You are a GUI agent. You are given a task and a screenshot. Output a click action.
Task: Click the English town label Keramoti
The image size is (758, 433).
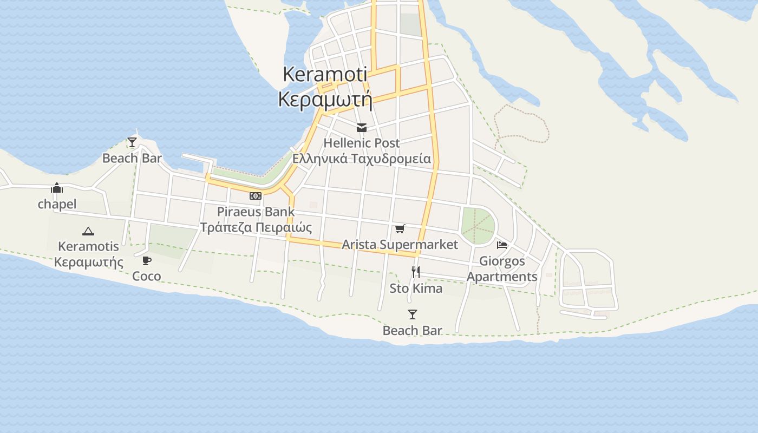coord(325,74)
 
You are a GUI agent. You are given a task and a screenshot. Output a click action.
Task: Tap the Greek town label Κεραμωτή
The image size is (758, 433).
coord(325,100)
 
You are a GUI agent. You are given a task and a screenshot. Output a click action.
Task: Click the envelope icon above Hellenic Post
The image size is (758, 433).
coord(362,128)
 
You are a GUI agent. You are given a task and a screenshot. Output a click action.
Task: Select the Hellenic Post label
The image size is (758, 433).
coord(362,143)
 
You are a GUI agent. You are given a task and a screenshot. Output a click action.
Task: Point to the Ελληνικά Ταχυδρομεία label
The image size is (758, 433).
coord(362,159)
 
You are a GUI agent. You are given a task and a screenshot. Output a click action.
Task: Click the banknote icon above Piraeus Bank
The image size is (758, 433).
coord(256,196)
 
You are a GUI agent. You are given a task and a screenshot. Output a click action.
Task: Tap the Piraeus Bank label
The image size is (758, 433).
coord(256,211)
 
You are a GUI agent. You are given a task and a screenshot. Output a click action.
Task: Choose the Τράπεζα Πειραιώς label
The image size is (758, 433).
coord(256,227)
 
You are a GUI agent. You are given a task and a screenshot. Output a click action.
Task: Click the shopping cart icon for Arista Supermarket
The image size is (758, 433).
coord(400,229)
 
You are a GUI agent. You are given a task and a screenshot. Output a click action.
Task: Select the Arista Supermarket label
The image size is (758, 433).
coord(400,244)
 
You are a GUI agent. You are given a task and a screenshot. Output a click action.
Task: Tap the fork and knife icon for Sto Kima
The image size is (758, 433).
coord(416,272)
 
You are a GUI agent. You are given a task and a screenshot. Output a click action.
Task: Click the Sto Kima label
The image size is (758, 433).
coord(416,288)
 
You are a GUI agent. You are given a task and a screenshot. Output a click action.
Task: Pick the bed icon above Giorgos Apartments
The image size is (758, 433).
coord(502,245)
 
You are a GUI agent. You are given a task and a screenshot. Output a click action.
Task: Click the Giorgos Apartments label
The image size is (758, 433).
coord(502,268)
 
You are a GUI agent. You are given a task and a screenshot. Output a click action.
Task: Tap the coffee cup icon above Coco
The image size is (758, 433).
coord(147,261)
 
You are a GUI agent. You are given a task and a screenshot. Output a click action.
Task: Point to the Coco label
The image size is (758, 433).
coord(147,276)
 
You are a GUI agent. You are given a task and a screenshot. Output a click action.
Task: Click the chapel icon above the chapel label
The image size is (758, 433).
coord(57,188)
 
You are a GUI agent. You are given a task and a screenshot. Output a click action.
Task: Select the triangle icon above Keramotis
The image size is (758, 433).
coord(88,231)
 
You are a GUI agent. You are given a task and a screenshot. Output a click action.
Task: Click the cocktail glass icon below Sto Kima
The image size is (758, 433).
coord(413,314)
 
